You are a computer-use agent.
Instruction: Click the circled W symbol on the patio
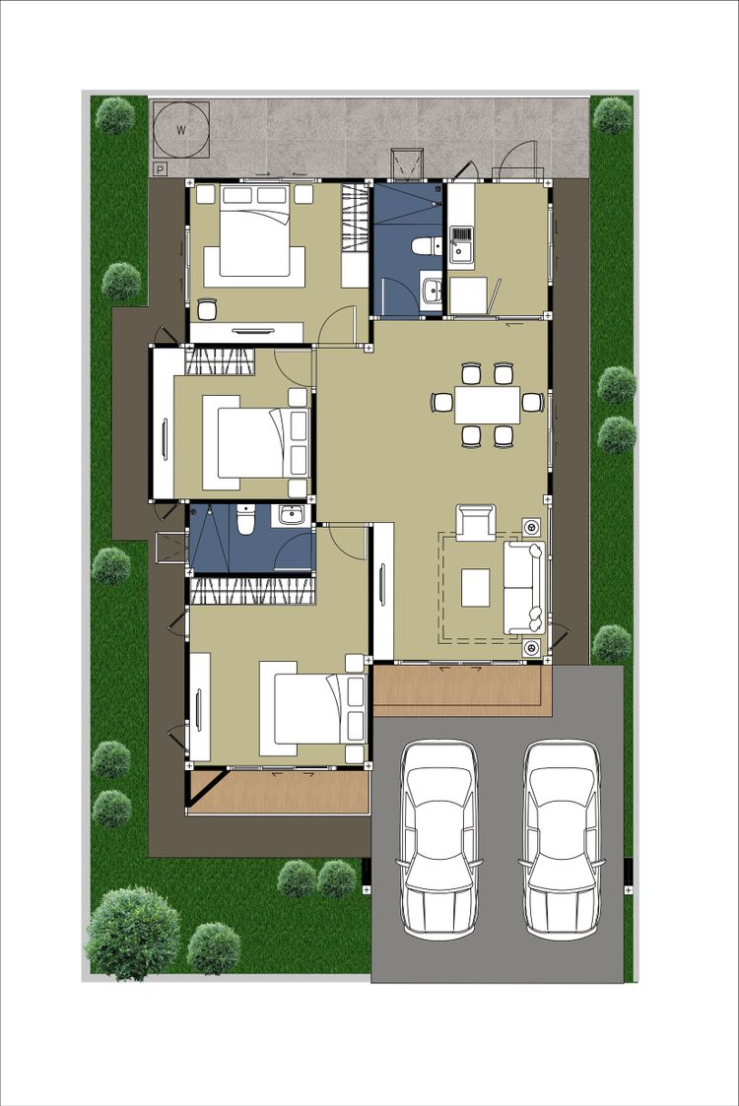tap(181, 130)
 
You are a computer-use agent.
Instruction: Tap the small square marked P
tap(161, 169)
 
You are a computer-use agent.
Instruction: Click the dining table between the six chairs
tap(487, 404)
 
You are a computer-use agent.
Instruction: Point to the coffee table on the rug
tap(476, 588)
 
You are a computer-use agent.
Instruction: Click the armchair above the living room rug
tap(475, 523)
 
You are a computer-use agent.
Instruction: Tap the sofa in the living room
tap(524, 587)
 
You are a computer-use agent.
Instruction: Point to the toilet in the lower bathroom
tap(245, 521)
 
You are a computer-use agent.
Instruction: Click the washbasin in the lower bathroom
tap(290, 515)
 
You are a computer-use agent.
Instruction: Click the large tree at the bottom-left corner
tap(132, 934)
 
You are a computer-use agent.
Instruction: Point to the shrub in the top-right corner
tap(612, 115)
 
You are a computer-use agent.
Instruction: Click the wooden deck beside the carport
tap(462, 690)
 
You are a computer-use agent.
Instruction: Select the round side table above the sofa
tap(531, 526)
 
